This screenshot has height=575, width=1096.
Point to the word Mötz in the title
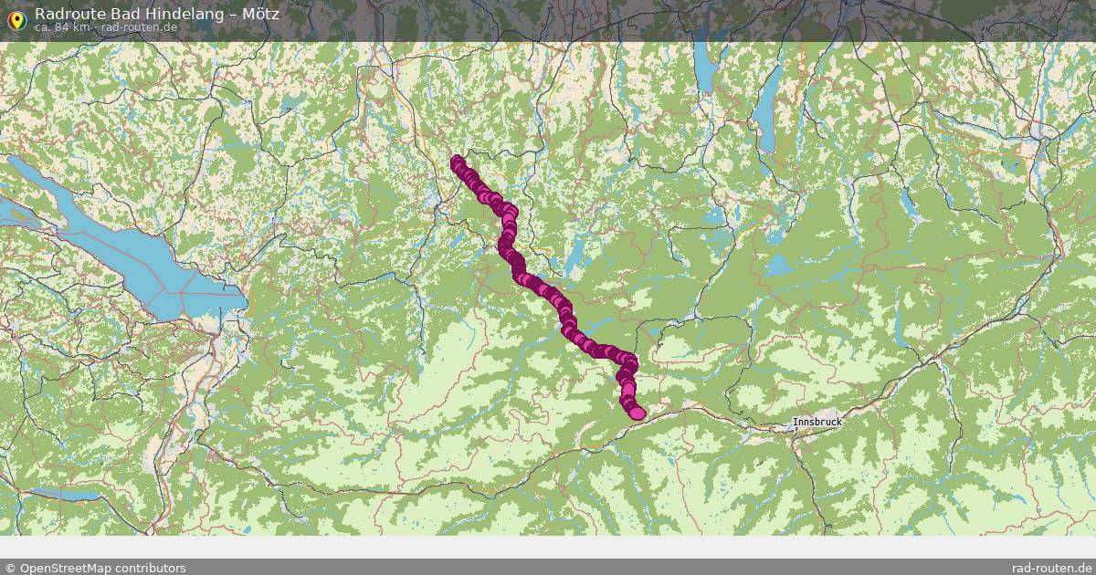coord(261,14)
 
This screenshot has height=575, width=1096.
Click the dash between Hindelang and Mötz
coord(235,14)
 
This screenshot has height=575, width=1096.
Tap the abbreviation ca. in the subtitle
coord(43,27)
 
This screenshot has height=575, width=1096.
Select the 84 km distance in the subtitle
coord(73,27)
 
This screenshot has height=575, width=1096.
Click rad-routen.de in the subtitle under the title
coord(139,27)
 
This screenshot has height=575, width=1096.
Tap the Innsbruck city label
coord(817,423)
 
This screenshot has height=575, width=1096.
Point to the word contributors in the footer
coord(150,568)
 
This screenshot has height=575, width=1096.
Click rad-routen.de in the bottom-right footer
coord(1052,568)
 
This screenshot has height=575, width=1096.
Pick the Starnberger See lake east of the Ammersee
coord(767,110)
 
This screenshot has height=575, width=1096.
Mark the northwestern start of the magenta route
coord(458,162)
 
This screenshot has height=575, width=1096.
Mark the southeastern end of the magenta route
coord(637,413)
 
